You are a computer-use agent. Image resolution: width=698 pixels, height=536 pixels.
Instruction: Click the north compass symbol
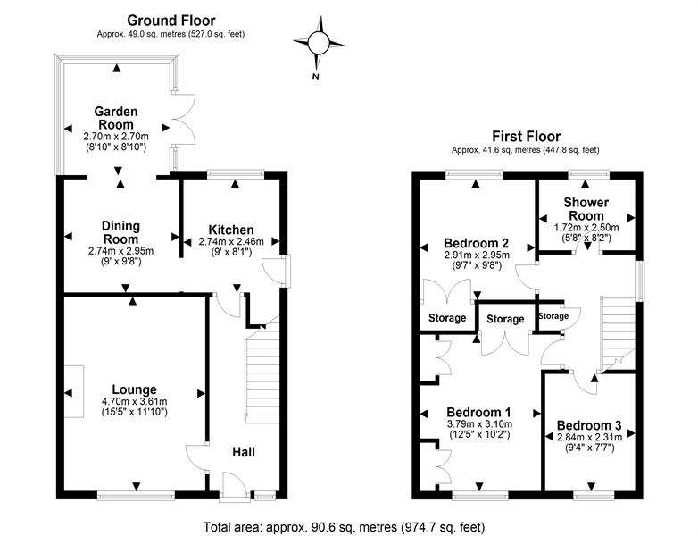(x=318, y=41)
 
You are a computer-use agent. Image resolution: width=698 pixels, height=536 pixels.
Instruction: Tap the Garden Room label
(x=114, y=118)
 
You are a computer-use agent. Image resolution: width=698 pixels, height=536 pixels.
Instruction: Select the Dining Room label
(x=120, y=233)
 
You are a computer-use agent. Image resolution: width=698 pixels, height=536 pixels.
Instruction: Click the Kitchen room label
(x=231, y=230)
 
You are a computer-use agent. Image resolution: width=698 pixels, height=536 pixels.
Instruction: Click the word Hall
(x=243, y=452)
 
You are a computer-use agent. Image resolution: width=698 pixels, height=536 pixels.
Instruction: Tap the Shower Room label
(x=586, y=208)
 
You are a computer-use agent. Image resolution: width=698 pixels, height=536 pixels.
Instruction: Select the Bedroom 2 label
(x=477, y=242)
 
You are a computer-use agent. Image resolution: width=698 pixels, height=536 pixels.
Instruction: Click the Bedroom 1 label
(x=477, y=412)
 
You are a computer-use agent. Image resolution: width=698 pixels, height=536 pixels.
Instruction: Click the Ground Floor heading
(x=170, y=20)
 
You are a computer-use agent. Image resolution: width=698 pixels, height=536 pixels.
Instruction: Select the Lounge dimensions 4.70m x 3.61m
(x=135, y=402)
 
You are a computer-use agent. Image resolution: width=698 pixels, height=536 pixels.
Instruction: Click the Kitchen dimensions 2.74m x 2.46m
(x=231, y=241)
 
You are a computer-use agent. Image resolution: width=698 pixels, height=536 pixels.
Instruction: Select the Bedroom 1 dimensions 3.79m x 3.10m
(x=477, y=424)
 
